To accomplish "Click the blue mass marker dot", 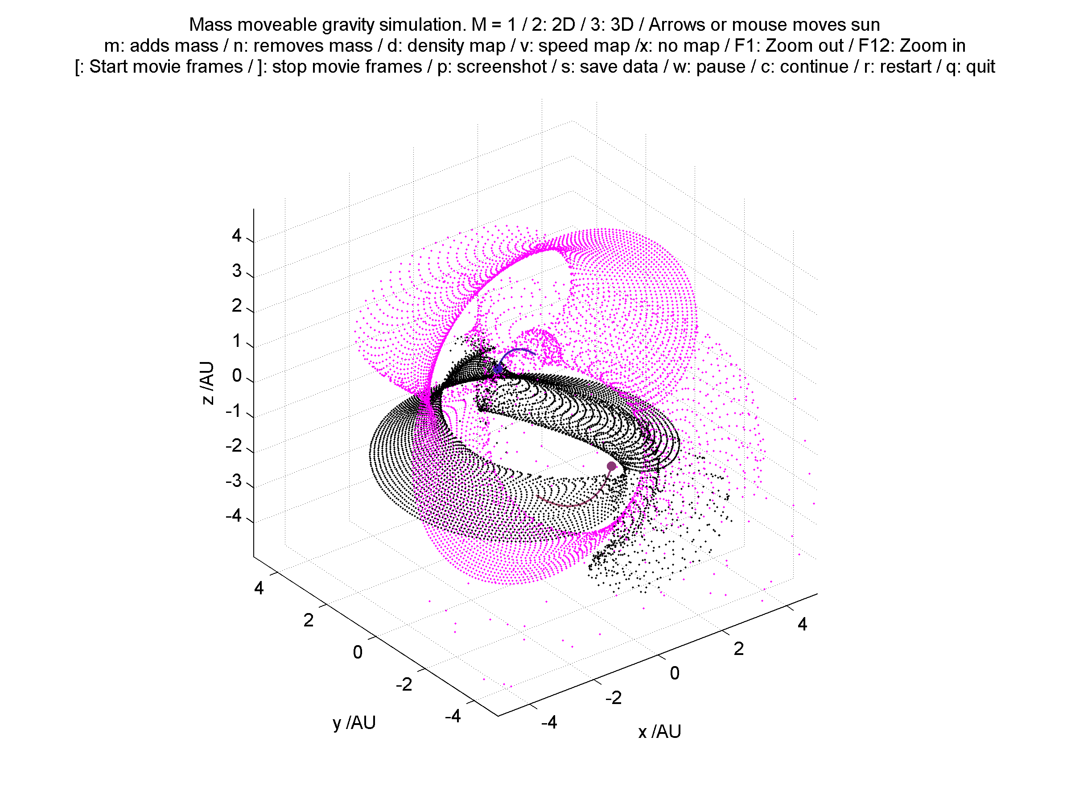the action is tap(498, 369).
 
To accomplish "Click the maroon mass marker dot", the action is tap(611, 466).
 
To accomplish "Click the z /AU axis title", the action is tap(207, 383).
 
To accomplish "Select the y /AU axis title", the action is tap(354, 723).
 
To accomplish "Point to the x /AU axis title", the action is tap(659, 731).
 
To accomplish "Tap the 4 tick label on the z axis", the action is tap(236, 236).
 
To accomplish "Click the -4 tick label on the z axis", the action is tap(233, 515).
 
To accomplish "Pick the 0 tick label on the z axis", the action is tap(237, 375).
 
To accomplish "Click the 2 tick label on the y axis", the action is tap(309, 620).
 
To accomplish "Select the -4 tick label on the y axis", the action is tap(453, 716).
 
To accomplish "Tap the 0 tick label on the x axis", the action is tap(675, 673).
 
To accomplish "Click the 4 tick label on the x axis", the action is tap(802, 624).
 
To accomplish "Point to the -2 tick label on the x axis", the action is tap(614, 697).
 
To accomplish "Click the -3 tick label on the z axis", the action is tap(233, 481).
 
